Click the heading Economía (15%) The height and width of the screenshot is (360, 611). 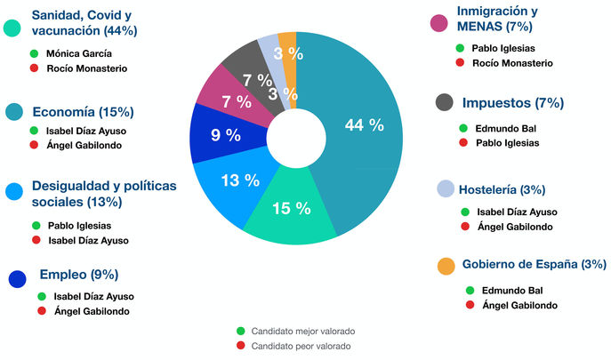(x=83, y=112)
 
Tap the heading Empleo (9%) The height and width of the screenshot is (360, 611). (x=78, y=275)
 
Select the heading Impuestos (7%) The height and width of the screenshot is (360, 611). (x=512, y=103)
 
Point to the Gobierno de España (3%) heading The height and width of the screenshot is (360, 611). (x=534, y=264)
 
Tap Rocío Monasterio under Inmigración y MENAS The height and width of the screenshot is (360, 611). (x=512, y=63)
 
